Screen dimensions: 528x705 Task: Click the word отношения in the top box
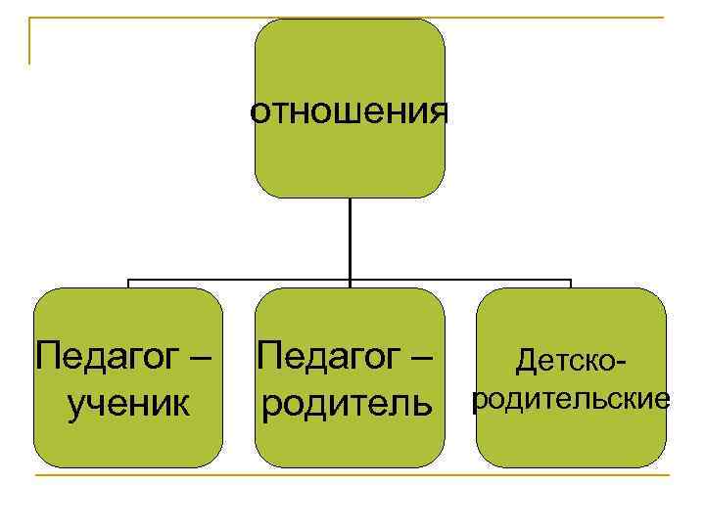[x=350, y=112]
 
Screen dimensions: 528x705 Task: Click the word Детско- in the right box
[x=573, y=363]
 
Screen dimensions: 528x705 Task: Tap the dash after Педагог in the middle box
[x=422, y=355]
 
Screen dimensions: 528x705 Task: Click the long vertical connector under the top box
[x=350, y=240]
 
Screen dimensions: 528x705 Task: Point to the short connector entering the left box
[x=128, y=284]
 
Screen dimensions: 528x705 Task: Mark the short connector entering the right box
[x=571, y=284]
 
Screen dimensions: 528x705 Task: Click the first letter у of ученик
[x=75, y=404]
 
